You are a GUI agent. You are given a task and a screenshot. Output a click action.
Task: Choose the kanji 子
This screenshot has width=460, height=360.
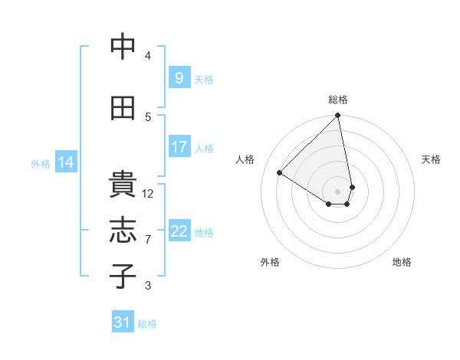coord(123,276)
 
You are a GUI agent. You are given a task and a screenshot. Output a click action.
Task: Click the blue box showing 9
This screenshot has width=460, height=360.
coord(179,78)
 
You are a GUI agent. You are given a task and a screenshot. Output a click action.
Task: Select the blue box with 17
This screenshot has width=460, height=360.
coord(179,147)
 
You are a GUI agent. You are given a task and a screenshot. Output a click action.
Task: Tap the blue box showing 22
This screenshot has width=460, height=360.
coord(179,231)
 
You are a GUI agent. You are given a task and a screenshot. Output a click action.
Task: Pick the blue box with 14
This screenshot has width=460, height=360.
coord(66,162)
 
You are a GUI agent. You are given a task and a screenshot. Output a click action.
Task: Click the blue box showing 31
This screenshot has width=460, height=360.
coord(123,323)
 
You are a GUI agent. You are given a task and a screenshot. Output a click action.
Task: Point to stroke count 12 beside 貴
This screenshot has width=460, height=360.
coord(148,194)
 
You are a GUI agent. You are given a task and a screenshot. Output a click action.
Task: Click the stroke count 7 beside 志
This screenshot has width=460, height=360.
coord(148,240)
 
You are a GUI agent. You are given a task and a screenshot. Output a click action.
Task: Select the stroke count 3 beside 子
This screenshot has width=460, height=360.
coord(148,286)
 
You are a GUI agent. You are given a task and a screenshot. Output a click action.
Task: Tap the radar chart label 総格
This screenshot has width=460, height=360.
coord(337,100)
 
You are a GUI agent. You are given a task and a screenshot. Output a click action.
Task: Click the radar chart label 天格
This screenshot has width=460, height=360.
coord(432,159)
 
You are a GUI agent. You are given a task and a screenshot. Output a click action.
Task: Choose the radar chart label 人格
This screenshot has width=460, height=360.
coord(245,159)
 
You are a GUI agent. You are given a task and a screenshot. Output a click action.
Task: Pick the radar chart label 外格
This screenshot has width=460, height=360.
coord(270,262)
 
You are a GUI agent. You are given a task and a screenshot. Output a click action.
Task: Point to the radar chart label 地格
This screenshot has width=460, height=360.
coord(402,262)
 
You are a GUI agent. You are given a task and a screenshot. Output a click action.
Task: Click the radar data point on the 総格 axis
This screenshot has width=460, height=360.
coord(337,116)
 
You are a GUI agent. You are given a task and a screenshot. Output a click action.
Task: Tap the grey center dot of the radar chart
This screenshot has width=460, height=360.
coord(337,191)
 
